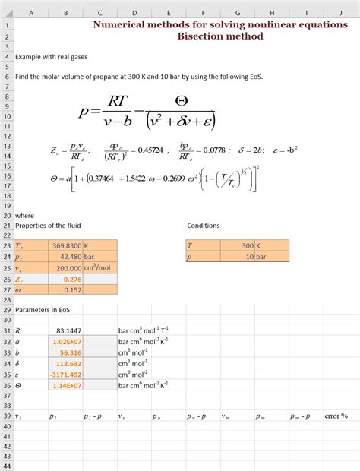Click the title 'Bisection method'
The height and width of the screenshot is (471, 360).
point(220,36)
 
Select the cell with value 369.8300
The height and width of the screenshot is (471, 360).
point(68,246)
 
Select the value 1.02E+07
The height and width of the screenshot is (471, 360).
point(68,342)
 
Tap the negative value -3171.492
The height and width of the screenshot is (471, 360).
point(67,374)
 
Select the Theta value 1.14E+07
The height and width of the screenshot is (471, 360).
point(68,385)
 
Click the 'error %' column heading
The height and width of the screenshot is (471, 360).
point(335,416)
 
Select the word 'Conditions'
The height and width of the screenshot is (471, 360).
point(204,226)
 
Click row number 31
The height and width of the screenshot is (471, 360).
point(6,331)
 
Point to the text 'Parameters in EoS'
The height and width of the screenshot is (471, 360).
point(43,310)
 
